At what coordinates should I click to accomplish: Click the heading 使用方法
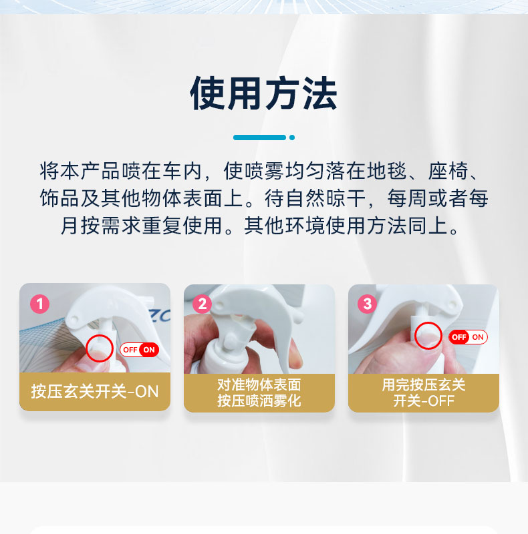coord(263,93)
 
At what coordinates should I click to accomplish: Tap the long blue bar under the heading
coord(259,138)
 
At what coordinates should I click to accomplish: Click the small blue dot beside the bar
coord(292,138)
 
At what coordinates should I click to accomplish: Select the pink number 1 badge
coord(40,304)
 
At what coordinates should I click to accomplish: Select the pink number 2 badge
coord(203,304)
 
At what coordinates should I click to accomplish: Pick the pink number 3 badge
coord(368,304)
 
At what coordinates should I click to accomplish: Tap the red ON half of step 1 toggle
coord(149,350)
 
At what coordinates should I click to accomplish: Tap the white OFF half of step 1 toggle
coord(130,350)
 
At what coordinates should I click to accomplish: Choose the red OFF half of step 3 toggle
coord(458,337)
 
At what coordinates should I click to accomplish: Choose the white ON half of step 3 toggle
coord(478,337)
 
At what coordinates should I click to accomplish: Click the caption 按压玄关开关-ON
coord(95,392)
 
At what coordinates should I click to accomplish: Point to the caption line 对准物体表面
coord(259,385)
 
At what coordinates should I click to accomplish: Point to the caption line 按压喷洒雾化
coord(259,400)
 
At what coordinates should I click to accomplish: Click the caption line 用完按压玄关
coord(424,385)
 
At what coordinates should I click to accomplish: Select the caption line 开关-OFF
coord(424,400)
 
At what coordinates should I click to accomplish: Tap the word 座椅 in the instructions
coord(448,171)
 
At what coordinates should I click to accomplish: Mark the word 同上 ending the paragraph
coord(428,226)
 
